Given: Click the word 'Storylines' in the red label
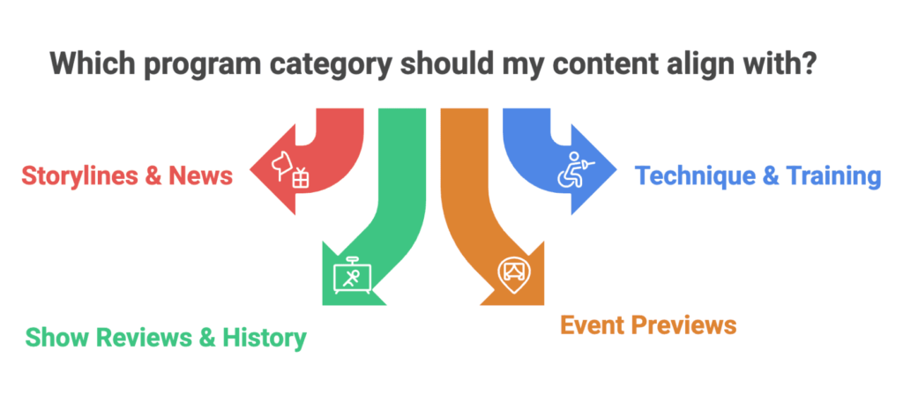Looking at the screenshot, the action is click(x=78, y=176).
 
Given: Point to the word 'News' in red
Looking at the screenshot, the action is click(x=200, y=176).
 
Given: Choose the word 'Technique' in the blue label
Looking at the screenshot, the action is click(x=695, y=176).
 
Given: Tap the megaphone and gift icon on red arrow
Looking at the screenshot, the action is click(x=290, y=169).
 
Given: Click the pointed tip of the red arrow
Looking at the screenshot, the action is click(x=250, y=170).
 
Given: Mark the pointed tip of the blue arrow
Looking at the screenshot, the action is click(x=616, y=170).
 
